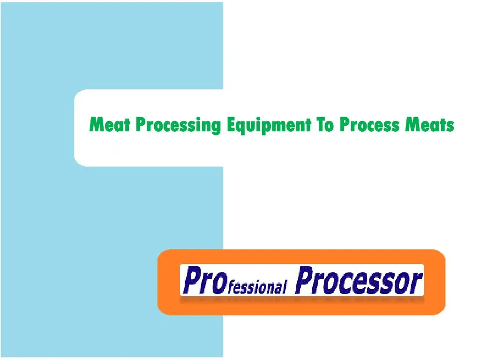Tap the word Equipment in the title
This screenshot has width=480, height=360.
(269, 126)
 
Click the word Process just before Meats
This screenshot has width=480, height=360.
(370, 125)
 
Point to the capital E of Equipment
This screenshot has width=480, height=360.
(230, 125)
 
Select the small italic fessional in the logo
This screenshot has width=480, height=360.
(256, 286)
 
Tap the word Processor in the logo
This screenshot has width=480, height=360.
(359, 280)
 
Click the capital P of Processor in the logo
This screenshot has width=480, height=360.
(304, 280)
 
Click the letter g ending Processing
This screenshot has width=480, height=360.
(216, 127)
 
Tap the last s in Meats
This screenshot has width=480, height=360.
(450, 126)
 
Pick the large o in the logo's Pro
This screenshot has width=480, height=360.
(217, 283)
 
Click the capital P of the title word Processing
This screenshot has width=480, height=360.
(141, 125)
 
